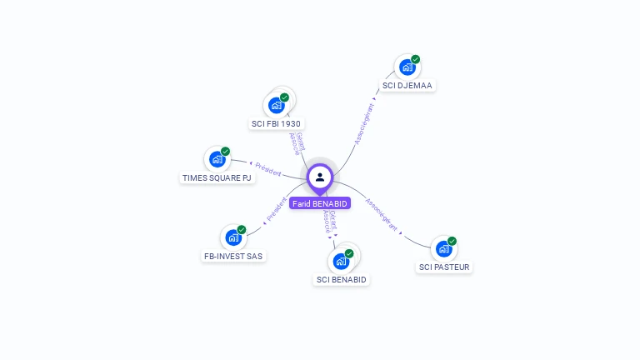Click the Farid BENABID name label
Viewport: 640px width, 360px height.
(x=320, y=203)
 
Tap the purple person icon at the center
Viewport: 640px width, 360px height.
(x=320, y=177)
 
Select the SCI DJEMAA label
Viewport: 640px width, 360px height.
(x=408, y=85)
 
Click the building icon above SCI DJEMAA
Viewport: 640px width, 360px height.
(x=407, y=67)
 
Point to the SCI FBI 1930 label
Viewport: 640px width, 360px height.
(x=276, y=123)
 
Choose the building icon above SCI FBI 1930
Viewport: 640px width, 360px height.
(x=276, y=106)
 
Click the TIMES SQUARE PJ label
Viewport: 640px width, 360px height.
(x=217, y=177)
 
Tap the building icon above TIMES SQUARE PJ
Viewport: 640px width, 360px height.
(x=217, y=159)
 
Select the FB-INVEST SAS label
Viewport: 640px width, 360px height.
(x=234, y=256)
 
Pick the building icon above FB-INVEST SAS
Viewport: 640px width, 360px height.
(x=233, y=237)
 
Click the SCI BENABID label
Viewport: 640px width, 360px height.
(x=341, y=279)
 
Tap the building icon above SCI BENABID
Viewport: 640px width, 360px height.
(x=341, y=262)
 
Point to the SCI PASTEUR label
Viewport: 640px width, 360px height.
(x=444, y=267)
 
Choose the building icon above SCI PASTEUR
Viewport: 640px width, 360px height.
(x=443, y=248)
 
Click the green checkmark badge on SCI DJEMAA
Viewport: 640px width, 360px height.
(x=415, y=59)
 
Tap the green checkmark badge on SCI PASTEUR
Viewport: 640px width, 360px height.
(x=452, y=241)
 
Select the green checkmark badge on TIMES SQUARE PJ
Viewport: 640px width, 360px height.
(x=225, y=152)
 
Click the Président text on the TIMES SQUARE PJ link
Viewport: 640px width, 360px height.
(x=267, y=169)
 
